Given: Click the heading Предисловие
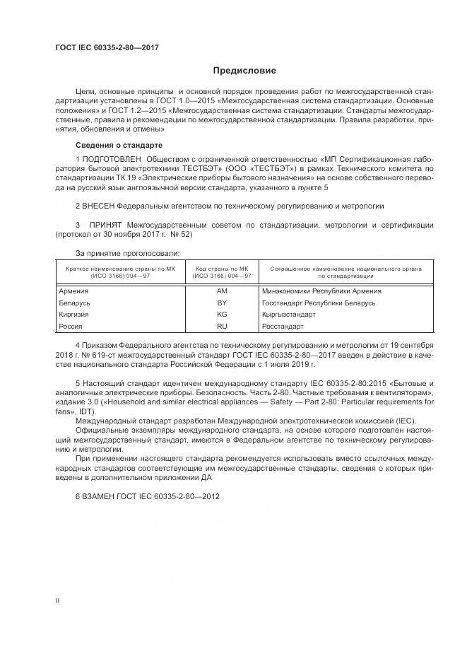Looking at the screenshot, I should point(245,71).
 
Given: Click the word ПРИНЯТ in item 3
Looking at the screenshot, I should point(105,225).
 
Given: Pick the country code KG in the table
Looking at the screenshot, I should point(222,315).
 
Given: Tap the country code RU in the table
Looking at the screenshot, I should point(222,327).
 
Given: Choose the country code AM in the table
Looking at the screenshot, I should point(222,291).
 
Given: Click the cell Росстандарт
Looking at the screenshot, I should point(283,327).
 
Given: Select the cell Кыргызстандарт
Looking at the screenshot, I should point(288,315).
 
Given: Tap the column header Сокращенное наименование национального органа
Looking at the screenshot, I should point(346,269).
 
